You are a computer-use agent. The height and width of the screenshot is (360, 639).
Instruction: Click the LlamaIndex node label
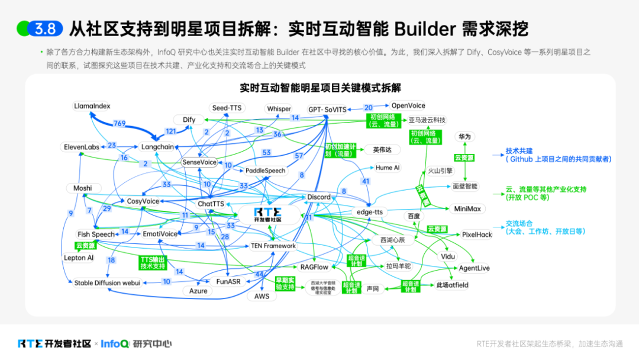[x=92, y=106]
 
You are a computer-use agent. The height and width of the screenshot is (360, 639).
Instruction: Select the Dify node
[x=189, y=120]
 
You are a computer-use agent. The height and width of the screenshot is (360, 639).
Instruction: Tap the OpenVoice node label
[x=408, y=105]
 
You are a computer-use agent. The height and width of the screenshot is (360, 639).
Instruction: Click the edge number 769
[x=120, y=124]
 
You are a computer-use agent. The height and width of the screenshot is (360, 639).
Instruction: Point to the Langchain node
[x=157, y=147]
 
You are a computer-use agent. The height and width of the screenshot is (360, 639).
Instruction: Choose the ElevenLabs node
[x=81, y=147]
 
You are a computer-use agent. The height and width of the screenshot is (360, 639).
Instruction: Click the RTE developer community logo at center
[x=267, y=214]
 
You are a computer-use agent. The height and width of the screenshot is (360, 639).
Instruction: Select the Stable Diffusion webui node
[x=107, y=283]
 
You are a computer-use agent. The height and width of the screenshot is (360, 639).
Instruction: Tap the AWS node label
[x=262, y=296]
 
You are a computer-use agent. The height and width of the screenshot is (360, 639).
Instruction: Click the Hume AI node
[x=388, y=168]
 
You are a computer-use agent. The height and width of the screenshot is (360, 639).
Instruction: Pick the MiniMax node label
[x=467, y=209]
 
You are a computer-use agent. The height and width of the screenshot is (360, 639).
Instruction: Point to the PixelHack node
[x=477, y=234]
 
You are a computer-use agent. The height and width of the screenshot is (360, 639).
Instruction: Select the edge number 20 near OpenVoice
[x=369, y=108]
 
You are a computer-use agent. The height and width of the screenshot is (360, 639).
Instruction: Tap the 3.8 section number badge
[x=45, y=28]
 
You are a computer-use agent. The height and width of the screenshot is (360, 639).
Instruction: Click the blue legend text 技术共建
[x=519, y=151]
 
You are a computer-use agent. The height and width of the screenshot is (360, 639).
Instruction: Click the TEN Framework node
[x=273, y=246]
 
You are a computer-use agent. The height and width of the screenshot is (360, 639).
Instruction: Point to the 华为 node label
[x=464, y=137]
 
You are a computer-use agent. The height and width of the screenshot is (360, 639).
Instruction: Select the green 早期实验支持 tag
[x=284, y=284]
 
